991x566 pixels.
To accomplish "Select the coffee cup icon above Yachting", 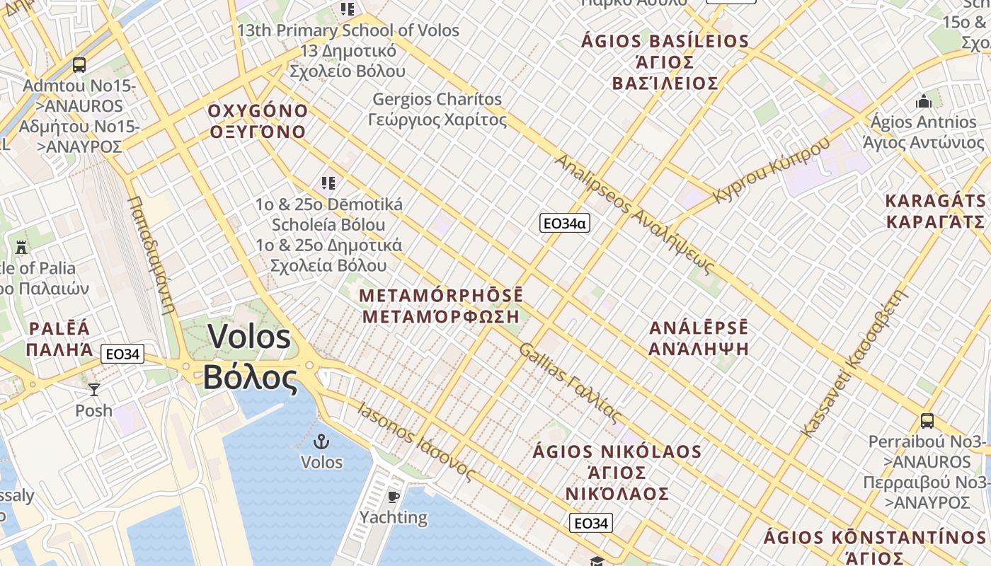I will tap(394, 497).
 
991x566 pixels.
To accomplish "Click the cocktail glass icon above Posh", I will tap(93, 390).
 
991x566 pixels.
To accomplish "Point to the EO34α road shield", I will tap(564, 224).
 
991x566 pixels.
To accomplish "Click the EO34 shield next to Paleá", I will tap(122, 354).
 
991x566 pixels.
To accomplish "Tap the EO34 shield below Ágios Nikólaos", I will tap(590, 524).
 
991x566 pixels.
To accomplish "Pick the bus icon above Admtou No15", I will tap(79, 65).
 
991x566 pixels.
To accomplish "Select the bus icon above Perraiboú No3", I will tap(927, 421).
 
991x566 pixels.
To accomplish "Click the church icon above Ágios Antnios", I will tap(923, 102).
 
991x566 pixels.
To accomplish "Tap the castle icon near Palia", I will tap(21, 248).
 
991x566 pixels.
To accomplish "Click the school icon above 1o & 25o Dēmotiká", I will tap(328, 184).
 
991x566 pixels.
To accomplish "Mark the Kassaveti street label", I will tap(854, 362).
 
